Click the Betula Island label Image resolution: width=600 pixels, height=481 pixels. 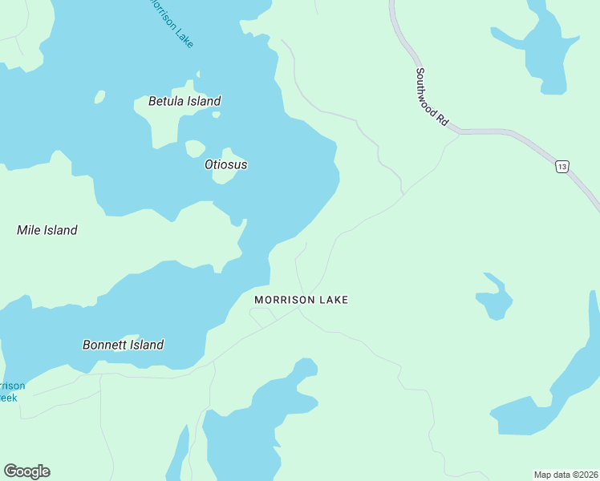[184, 101]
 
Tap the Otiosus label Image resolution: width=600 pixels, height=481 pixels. [225, 164]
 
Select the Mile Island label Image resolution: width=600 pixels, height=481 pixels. [47, 230]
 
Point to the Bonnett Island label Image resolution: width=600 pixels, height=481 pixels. [123, 345]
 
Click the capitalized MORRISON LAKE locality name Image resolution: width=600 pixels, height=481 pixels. [301, 300]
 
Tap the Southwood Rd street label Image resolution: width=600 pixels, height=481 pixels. [431, 95]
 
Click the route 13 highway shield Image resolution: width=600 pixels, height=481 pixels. [561, 166]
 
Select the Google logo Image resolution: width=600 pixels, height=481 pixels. [26, 471]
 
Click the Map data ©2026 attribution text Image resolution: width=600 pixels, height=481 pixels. [566, 475]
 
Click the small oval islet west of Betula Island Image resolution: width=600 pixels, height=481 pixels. [99, 97]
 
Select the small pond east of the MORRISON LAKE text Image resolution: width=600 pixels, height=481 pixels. [494, 298]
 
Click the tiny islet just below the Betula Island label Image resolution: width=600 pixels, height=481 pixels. [216, 115]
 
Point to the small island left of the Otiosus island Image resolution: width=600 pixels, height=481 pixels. [195, 149]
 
